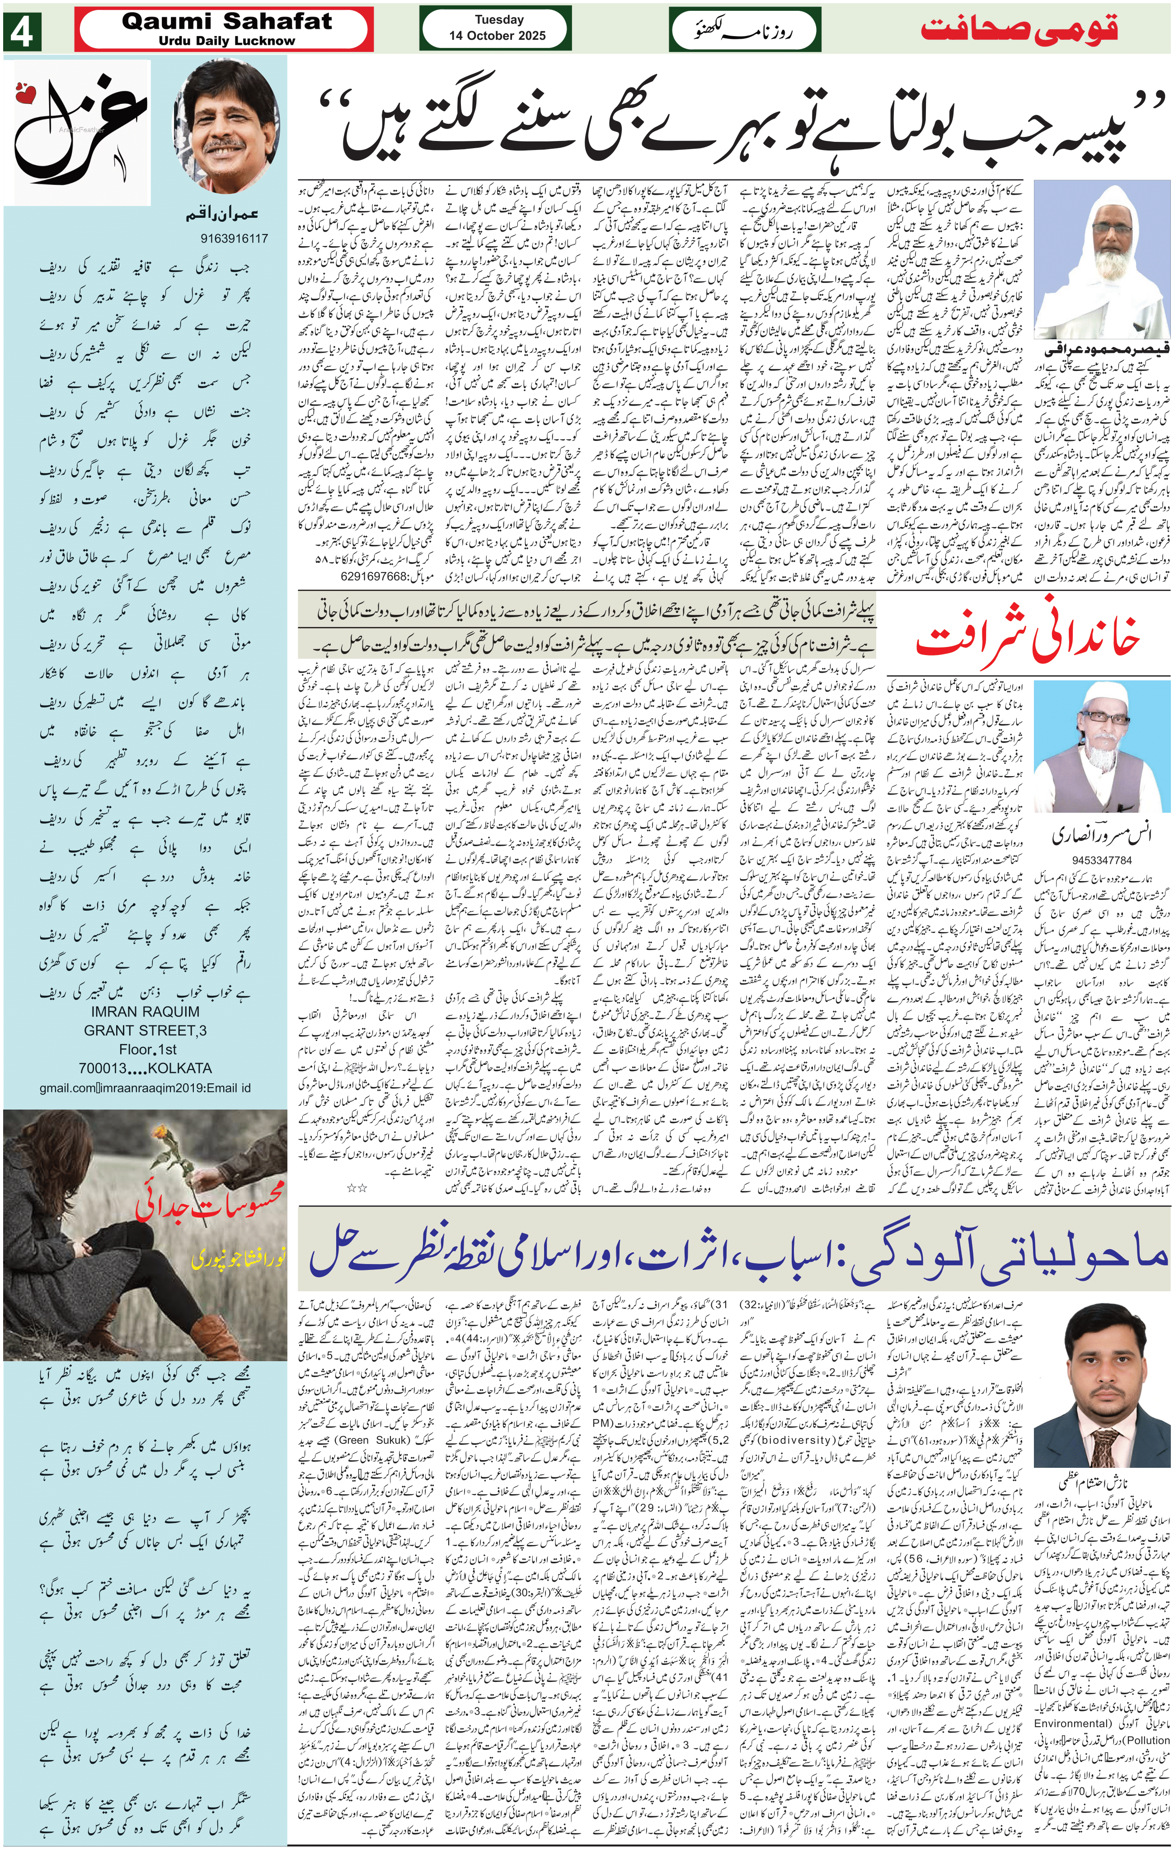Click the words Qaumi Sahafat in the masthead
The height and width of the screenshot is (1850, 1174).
[x=227, y=22]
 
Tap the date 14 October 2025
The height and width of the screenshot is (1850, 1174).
[x=498, y=35]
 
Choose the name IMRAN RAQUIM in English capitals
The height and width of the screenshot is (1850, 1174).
[x=145, y=1012]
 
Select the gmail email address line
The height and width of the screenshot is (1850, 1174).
[x=145, y=1088]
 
